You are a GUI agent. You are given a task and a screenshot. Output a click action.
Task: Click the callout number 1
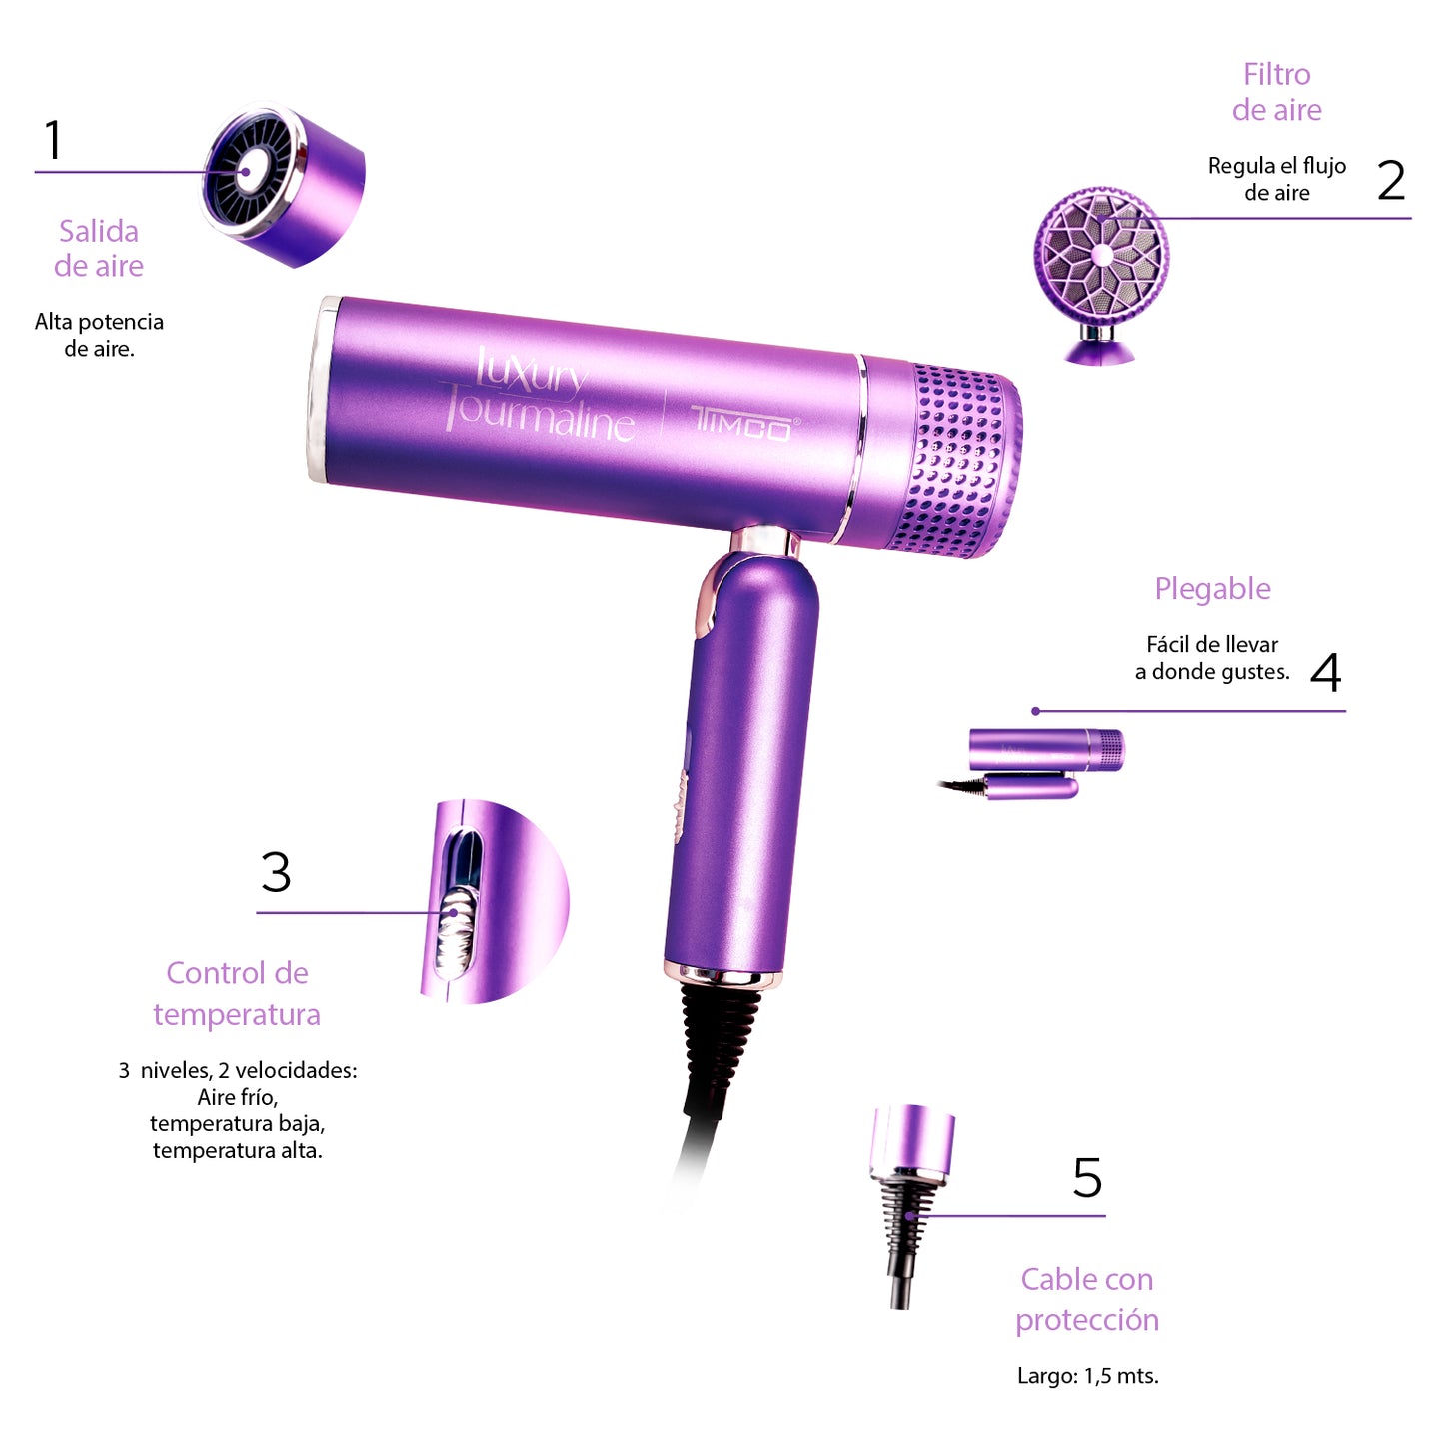(54, 140)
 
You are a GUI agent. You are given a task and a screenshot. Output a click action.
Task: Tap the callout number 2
(1390, 180)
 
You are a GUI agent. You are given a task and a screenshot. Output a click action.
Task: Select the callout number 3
(276, 872)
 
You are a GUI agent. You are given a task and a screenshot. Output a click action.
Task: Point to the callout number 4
(1325, 672)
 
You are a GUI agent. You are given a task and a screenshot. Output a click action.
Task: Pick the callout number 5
(1087, 1178)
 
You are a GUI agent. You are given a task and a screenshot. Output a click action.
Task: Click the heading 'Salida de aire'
(99, 248)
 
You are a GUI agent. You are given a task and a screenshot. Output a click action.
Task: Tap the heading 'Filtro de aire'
(1276, 92)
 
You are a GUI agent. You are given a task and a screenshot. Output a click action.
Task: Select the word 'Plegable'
(1212, 589)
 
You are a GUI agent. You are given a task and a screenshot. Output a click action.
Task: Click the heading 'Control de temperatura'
(237, 993)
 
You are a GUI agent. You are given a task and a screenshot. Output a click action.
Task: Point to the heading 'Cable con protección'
(1087, 1299)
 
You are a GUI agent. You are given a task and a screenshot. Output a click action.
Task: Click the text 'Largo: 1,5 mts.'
(1087, 1376)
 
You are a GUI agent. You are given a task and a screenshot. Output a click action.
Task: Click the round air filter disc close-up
(1101, 257)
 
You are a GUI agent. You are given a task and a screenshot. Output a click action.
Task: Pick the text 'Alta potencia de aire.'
(99, 335)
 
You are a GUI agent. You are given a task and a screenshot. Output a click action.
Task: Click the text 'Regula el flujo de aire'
(1276, 179)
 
